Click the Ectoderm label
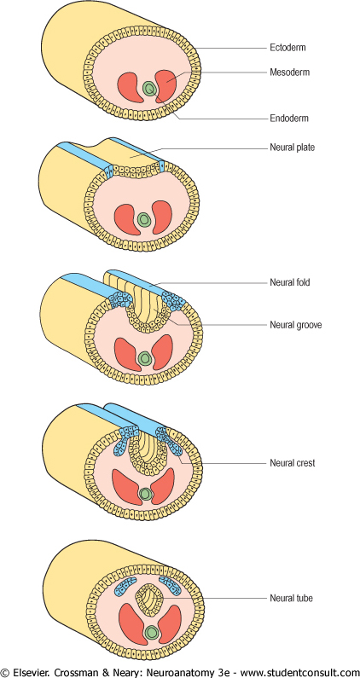coord(287,48)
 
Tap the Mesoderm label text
coord(289,72)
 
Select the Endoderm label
coord(289,118)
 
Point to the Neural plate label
coord(292,148)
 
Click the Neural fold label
coord(290,283)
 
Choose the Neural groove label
coord(295,325)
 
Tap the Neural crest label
coord(293,463)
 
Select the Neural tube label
coord(291,599)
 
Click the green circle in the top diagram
coord(149,89)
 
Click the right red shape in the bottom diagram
coord(170,623)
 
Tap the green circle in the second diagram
coord(143,219)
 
